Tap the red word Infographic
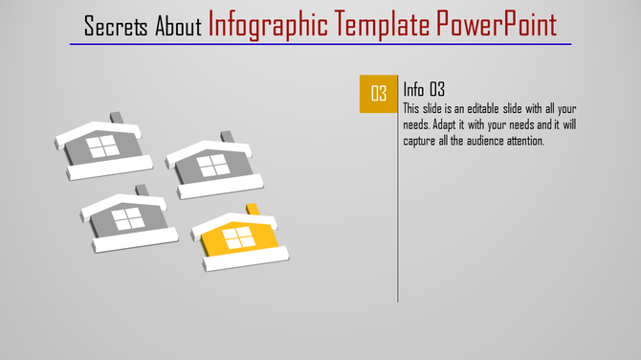267,24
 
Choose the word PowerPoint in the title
498,24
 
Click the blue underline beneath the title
320,44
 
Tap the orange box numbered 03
379,93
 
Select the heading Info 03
426,89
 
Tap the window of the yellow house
239,236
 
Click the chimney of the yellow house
254,210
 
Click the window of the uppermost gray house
101,146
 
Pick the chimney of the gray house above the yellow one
228,138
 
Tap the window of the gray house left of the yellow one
127,218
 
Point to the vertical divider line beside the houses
398,191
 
